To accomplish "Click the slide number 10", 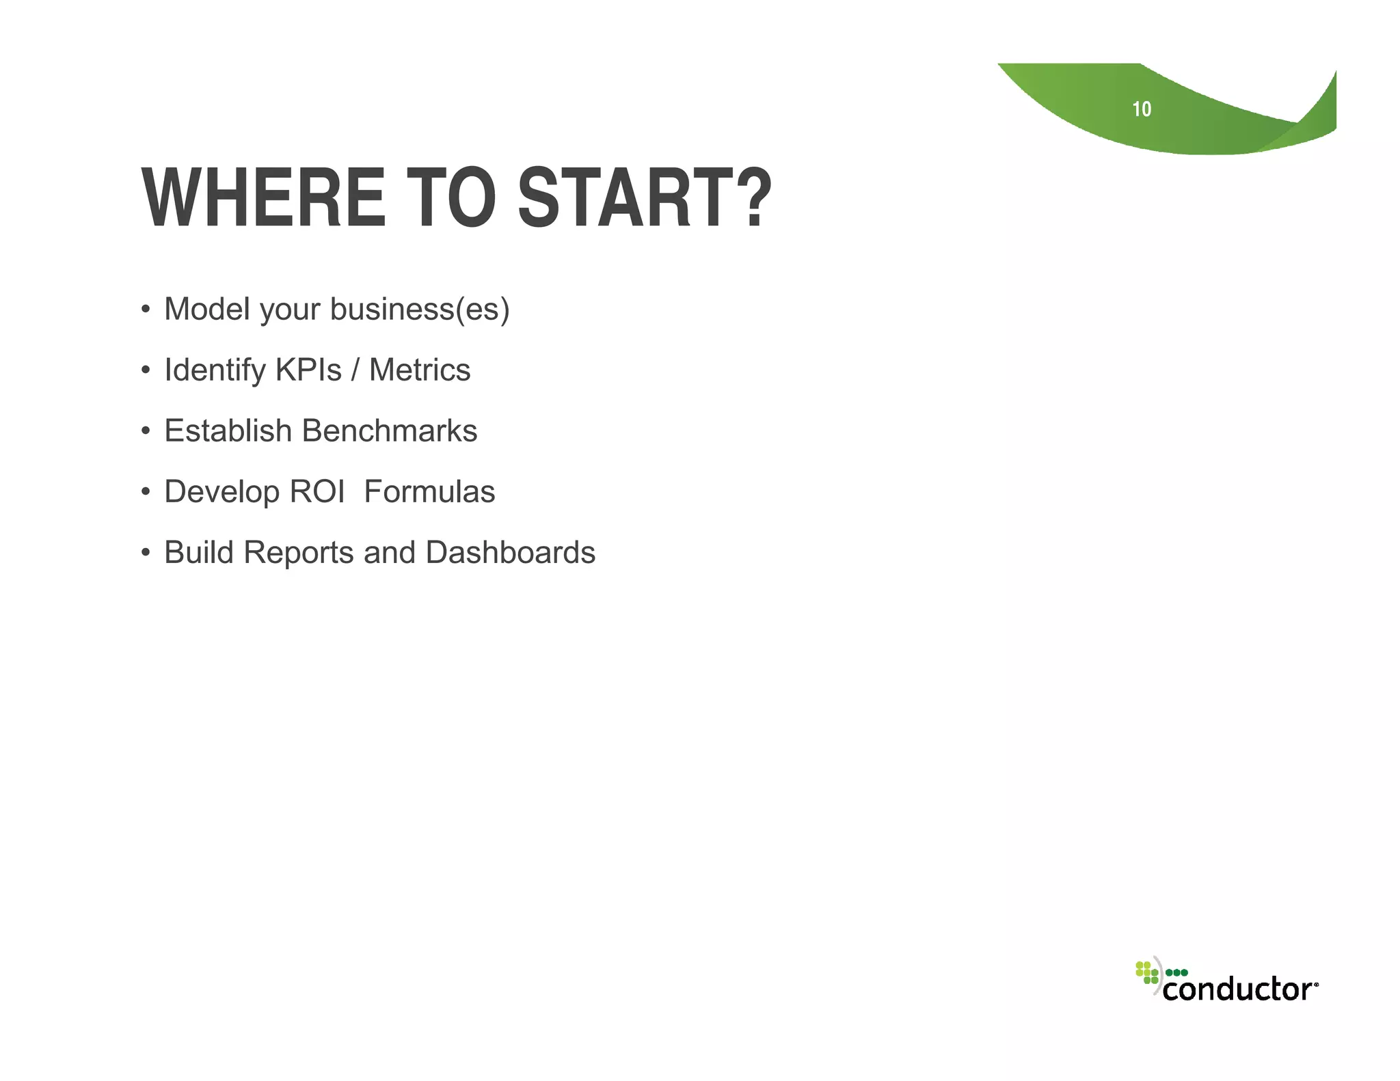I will (x=1142, y=109).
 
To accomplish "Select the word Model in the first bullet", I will (x=207, y=309).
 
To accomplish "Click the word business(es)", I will (x=420, y=310).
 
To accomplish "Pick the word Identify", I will (x=215, y=370).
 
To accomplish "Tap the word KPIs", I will (x=308, y=370).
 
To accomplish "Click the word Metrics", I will (x=420, y=370).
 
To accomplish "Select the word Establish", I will (x=228, y=430).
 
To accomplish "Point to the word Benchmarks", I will (x=390, y=430).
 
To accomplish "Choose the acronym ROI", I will (x=317, y=491).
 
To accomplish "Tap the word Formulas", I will (x=429, y=491).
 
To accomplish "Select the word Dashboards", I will (x=510, y=552).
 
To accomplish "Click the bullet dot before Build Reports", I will (x=145, y=552).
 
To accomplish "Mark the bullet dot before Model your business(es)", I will (x=145, y=309).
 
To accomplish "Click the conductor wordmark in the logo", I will (x=1237, y=989).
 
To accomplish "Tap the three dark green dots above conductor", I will (x=1176, y=972).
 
